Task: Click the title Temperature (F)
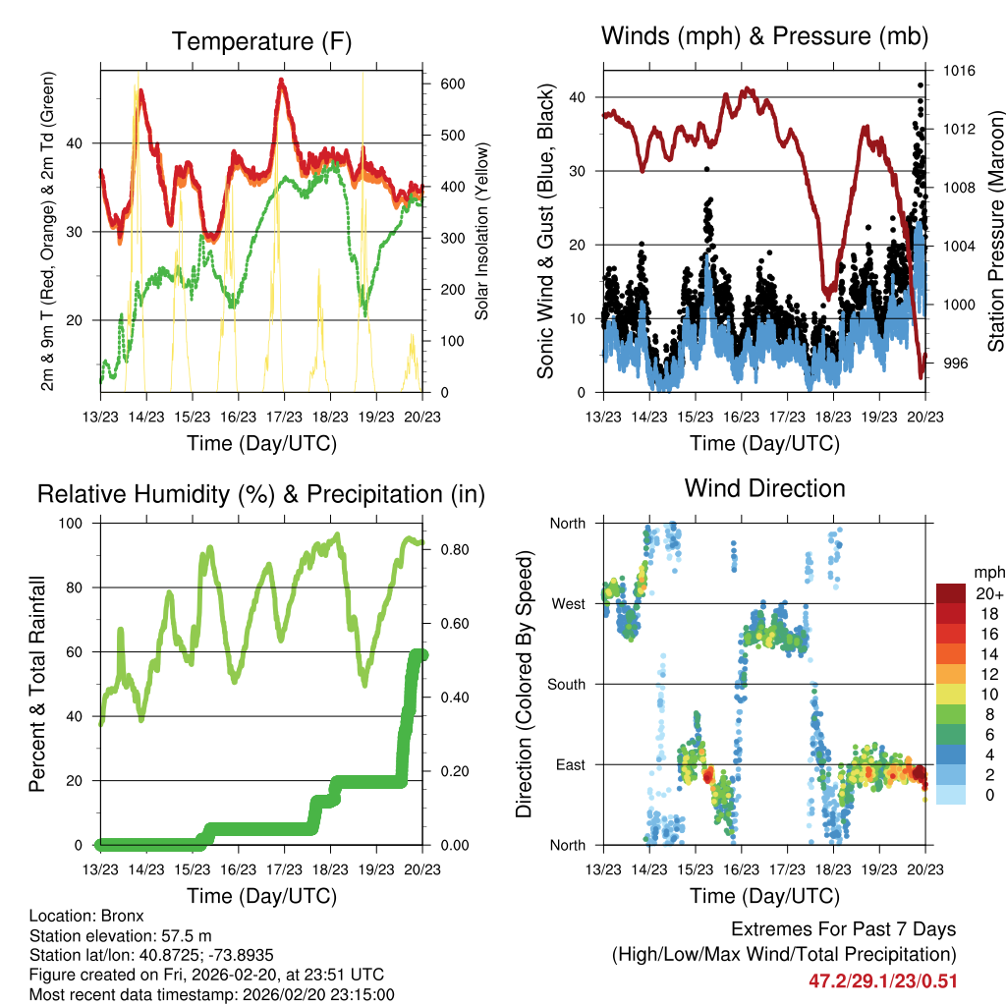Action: pyautogui.click(x=261, y=41)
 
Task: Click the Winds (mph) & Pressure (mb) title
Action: pyautogui.click(x=764, y=37)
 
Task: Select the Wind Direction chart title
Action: pyautogui.click(x=764, y=487)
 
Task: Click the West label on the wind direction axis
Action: pyautogui.click(x=569, y=603)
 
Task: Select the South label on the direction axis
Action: pyautogui.click(x=566, y=684)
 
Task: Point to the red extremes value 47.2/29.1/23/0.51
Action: pyautogui.click(x=882, y=980)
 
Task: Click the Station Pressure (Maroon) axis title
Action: pyautogui.click(x=995, y=231)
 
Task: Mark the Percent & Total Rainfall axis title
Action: pyautogui.click(x=37, y=684)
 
